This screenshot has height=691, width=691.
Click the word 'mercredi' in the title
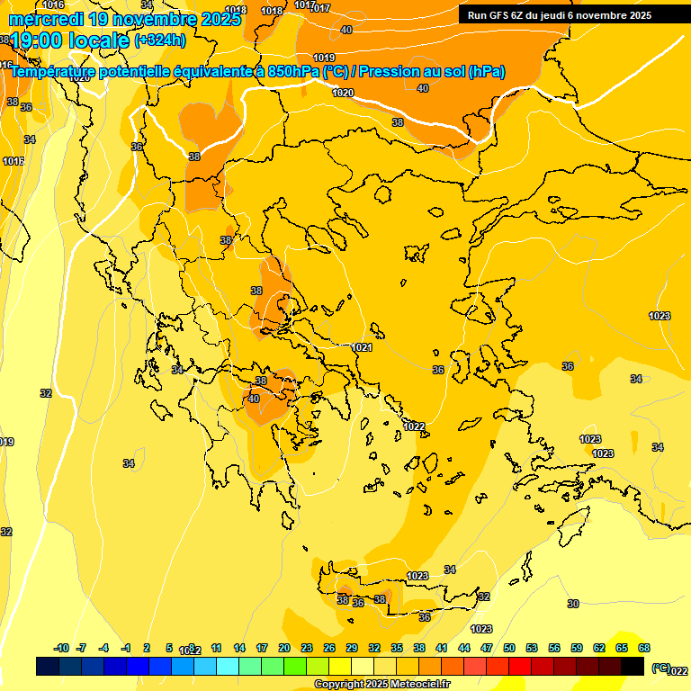pos(44,18)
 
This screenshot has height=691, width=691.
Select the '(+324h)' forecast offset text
pos(160,40)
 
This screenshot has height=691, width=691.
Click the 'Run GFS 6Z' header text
pos(499,15)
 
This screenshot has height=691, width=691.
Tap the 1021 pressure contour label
pos(363,347)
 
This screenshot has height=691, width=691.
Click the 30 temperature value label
pos(573,604)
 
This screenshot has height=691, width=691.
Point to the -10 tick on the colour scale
pos(61,648)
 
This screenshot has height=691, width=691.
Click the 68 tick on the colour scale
pos(644,648)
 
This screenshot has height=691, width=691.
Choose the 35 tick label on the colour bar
pos(397,648)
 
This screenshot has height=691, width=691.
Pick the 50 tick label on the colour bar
pos(509,648)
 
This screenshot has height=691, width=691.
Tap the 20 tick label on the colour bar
pos(284,648)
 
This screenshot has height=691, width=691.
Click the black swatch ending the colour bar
pos(633,666)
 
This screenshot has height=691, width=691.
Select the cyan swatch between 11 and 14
pos(228,666)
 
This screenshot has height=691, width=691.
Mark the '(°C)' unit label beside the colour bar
pos(660,668)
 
